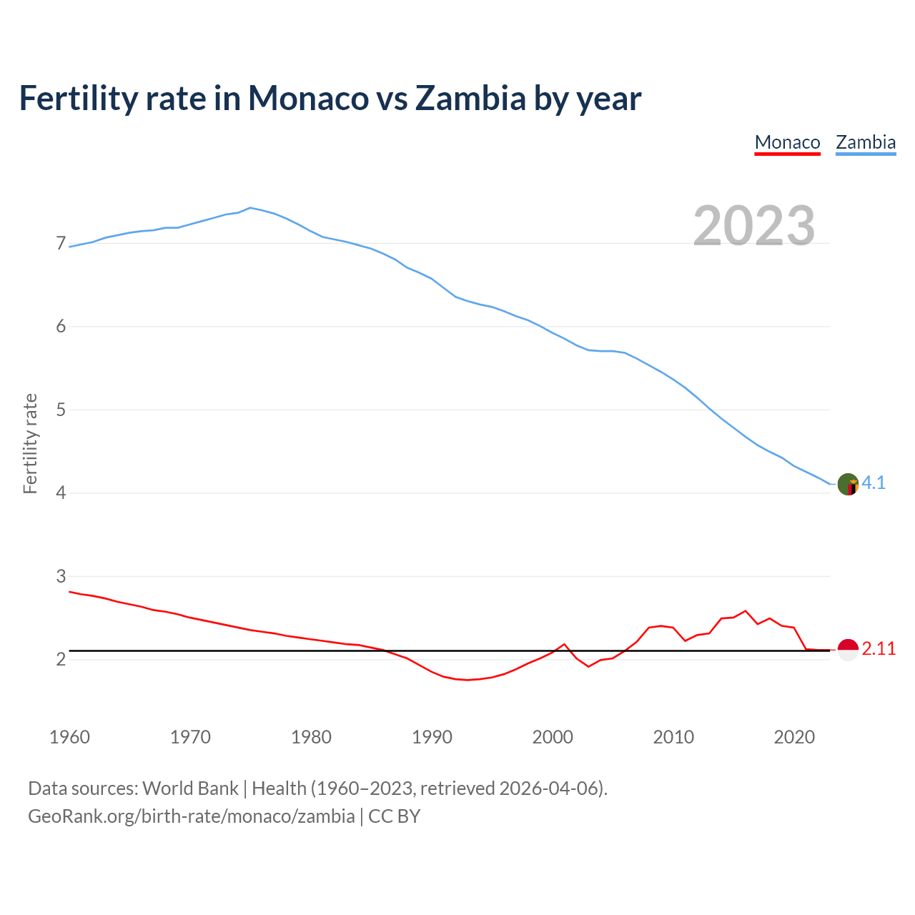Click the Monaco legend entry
pyautogui.click(x=787, y=142)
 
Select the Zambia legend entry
pyautogui.click(x=866, y=142)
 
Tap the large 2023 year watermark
pyautogui.click(x=754, y=226)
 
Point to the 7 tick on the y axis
pyautogui.click(x=61, y=244)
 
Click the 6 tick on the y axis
pyautogui.click(x=61, y=327)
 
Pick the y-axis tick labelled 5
pyautogui.click(x=61, y=410)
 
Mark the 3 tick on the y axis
pyautogui.click(x=61, y=576)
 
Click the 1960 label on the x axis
pyautogui.click(x=69, y=737)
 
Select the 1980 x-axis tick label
pyautogui.click(x=311, y=737)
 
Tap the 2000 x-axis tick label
pyautogui.click(x=553, y=737)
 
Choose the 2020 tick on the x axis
pyautogui.click(x=794, y=737)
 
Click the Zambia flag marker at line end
pyautogui.click(x=848, y=484)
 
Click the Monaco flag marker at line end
pyautogui.click(x=848, y=650)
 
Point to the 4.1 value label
pyautogui.click(x=874, y=483)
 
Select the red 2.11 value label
pyautogui.click(x=879, y=649)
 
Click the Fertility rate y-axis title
pyautogui.click(x=30, y=443)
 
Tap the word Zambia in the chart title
pyautogui.click(x=470, y=98)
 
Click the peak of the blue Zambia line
pyautogui.click(x=249, y=207)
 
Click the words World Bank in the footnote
pyautogui.click(x=190, y=788)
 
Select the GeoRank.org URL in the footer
pyautogui.click(x=191, y=816)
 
